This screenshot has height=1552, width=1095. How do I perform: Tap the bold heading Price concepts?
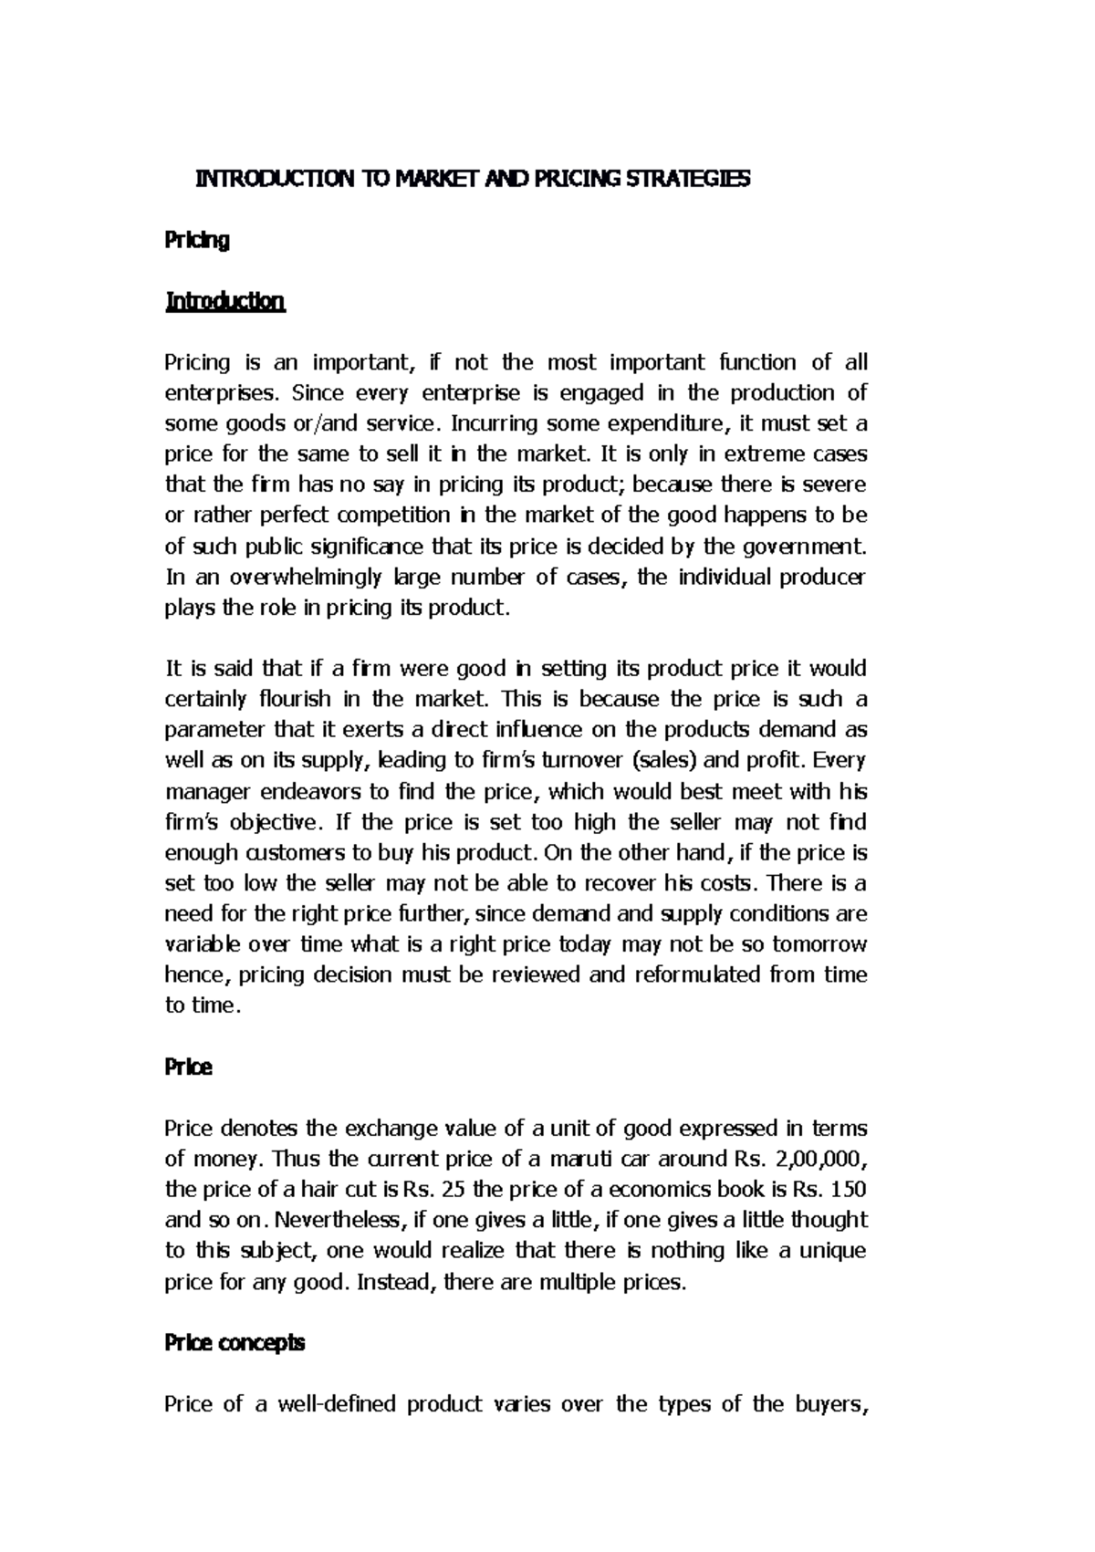tap(235, 1343)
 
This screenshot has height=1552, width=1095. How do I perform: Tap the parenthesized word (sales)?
tap(658, 761)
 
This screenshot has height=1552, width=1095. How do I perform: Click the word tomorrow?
tap(819, 944)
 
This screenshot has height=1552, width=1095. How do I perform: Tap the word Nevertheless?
tap(339, 1221)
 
